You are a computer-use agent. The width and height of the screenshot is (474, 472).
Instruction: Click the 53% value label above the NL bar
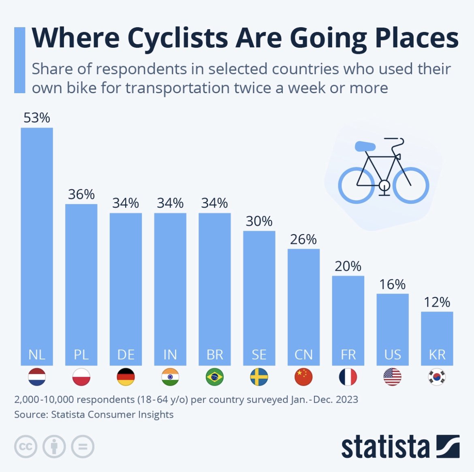point(37,118)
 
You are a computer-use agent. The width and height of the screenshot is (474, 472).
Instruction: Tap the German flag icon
point(126,377)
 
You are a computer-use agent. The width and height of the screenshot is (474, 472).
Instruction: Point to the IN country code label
point(170,355)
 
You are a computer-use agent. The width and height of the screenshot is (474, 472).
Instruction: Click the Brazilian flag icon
point(215,377)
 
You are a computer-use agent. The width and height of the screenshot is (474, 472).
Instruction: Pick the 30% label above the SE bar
point(259,221)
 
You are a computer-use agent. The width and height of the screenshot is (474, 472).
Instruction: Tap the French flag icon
point(348,377)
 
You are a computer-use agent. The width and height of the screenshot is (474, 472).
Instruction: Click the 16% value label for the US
point(392,284)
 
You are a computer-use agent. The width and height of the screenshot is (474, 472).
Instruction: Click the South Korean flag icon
point(437,377)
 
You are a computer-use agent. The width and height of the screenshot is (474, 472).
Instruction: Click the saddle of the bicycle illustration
point(365,146)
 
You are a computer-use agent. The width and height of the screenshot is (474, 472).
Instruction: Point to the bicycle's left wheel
point(357,185)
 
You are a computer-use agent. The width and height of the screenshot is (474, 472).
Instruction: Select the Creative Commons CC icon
point(26,446)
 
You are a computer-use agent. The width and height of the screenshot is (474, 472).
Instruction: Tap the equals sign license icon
point(83,446)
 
